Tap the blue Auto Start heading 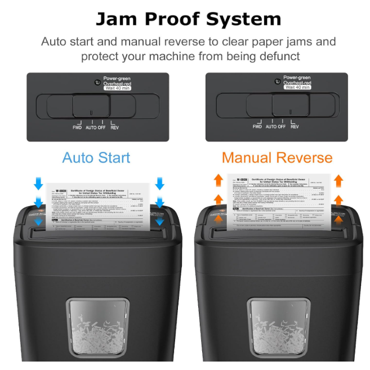96,157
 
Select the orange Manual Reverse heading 277,157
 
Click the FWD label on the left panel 77,127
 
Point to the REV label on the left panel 114,127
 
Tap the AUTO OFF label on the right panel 275,127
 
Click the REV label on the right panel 295,127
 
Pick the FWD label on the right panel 257,127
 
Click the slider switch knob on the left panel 91,105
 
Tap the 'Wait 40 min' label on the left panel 117,88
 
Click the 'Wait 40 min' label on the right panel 297,87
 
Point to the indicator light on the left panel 97,82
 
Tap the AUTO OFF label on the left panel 96,127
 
